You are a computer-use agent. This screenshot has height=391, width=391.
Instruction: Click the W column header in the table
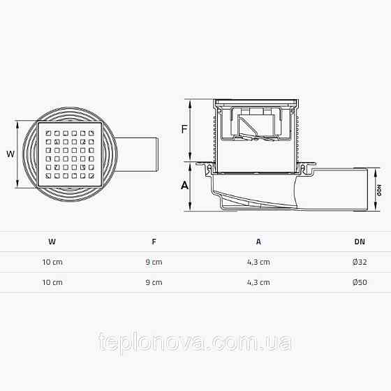pyautogui.click(x=52, y=242)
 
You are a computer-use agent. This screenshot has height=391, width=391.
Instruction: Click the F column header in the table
pyautogui.click(x=154, y=242)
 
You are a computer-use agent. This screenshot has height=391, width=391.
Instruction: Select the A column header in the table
pyautogui.click(x=258, y=242)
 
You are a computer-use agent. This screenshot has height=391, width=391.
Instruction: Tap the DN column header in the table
pyautogui.click(x=359, y=242)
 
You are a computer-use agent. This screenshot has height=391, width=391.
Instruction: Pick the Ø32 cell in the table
pyautogui.click(x=360, y=262)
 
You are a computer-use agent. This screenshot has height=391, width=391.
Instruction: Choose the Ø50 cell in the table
pyautogui.click(x=360, y=282)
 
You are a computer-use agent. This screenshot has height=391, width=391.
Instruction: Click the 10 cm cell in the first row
pyautogui.click(x=52, y=262)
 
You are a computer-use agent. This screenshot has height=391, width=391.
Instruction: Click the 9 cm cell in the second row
pyautogui.click(x=154, y=282)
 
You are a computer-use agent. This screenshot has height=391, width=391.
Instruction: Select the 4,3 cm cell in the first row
pyautogui.click(x=258, y=262)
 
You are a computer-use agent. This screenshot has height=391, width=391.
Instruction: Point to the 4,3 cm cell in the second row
pyautogui.click(x=258, y=282)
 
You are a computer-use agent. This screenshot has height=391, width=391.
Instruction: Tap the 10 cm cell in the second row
pyautogui.click(x=52, y=282)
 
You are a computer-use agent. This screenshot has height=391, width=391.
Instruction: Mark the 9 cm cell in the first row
pyautogui.click(x=154, y=262)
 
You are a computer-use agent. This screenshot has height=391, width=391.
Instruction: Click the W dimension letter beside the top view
pyautogui.click(x=9, y=154)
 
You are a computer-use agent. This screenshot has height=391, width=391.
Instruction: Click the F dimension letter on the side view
pyautogui.click(x=184, y=130)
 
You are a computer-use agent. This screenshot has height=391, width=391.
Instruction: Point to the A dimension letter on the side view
pyautogui.click(x=184, y=186)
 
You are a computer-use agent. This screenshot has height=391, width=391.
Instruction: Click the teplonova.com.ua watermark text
pyautogui.click(x=195, y=343)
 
